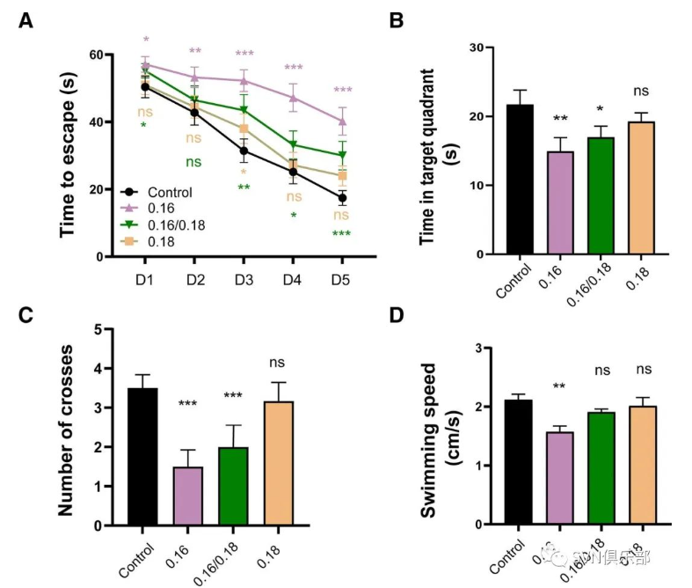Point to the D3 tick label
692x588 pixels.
(244, 279)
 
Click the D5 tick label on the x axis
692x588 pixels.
(340, 279)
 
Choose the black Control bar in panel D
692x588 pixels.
(520, 462)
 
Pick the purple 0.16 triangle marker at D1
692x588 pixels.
(145, 64)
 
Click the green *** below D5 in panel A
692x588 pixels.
(340, 233)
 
